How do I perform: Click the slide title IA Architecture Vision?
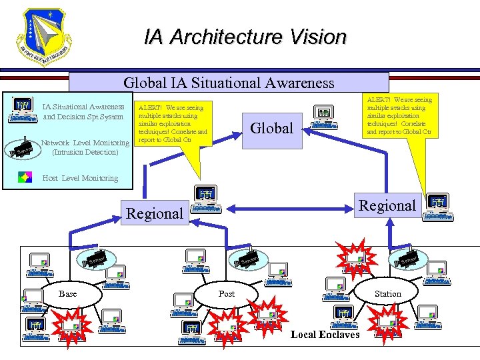[245, 37]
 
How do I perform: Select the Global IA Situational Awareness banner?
[229, 83]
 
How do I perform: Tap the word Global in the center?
[271, 127]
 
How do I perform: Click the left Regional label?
[154, 213]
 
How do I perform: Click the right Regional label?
[387, 205]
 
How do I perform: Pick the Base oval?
[68, 294]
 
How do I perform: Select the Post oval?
[227, 294]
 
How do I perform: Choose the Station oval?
[388, 293]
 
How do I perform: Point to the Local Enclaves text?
[325, 335]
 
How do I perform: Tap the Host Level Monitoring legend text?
[80, 178]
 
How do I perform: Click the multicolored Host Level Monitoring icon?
[24, 177]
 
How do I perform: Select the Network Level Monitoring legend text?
[85, 147]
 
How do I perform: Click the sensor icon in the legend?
[23, 147]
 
